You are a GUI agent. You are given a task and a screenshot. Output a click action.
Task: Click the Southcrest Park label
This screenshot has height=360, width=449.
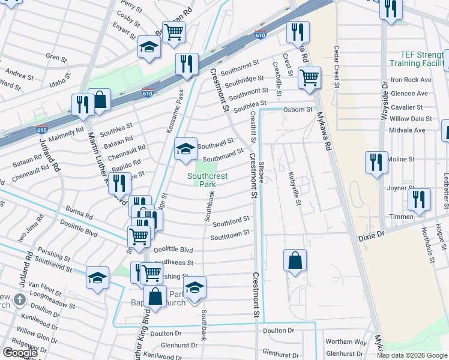pos(202,180)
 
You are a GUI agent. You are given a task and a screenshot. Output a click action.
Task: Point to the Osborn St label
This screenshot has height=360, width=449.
pos(298,110)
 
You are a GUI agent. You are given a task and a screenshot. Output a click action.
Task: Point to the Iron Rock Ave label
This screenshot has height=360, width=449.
pos(411,79)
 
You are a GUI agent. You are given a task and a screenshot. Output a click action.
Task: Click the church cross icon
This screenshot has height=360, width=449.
pos(19,299)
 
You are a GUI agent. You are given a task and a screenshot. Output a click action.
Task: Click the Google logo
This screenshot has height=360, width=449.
pos(19,353)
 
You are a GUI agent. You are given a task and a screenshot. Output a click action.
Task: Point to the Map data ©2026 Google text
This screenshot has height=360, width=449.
pos(412,355)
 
